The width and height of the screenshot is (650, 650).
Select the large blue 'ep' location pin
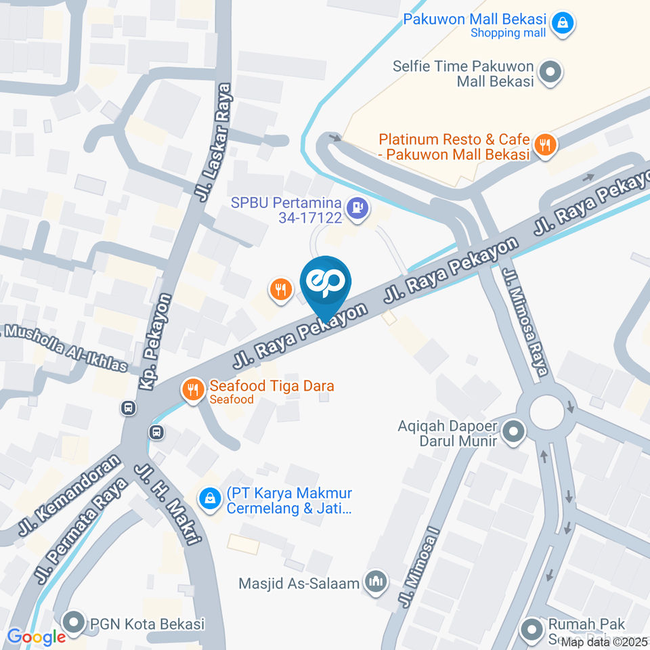tap(326, 283)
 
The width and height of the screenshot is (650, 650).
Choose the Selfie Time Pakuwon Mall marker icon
tap(550, 72)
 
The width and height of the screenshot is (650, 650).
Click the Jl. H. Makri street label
tap(169, 504)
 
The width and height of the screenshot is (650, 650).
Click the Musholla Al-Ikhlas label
tap(64, 347)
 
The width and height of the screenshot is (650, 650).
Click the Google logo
tap(37, 636)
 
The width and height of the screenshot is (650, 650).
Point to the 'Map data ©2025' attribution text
tap(604, 642)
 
